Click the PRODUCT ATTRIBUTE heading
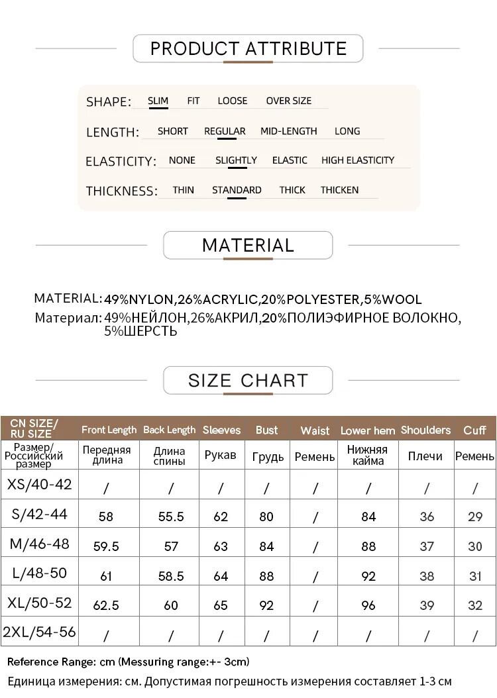pyautogui.click(x=248, y=49)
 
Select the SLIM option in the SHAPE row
pyautogui.click(x=158, y=101)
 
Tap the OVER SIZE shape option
pyautogui.click(x=288, y=101)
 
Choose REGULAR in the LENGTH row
pyautogui.click(x=225, y=131)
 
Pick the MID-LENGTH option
pyautogui.click(x=288, y=131)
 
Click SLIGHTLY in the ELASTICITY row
pyautogui.click(x=236, y=160)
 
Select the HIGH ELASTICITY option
pyautogui.click(x=357, y=160)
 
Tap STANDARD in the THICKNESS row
pyautogui.click(x=237, y=190)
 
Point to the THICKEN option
pyautogui.click(x=339, y=190)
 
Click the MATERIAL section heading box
pyautogui.click(x=248, y=245)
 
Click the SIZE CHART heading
pyautogui.click(x=248, y=380)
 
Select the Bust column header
pyautogui.click(x=266, y=430)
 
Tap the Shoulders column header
pyautogui.click(x=425, y=430)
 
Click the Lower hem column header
pyautogui.click(x=368, y=430)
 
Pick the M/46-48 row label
pyautogui.click(x=40, y=544)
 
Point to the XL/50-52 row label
pyautogui.click(x=40, y=603)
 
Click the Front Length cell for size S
pyautogui.click(x=106, y=517)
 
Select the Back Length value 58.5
pyautogui.click(x=171, y=576)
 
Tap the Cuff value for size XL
pyautogui.click(x=475, y=605)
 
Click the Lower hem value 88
pyautogui.click(x=368, y=546)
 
